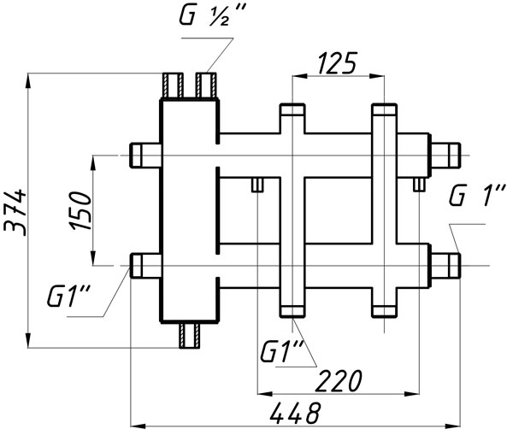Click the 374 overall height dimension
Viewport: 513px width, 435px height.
tap(15, 212)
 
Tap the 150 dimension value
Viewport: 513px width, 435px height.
tap(80, 211)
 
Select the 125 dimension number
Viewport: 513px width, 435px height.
tap(337, 62)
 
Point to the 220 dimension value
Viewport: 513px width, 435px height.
tap(339, 380)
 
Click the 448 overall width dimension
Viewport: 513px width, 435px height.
tap(296, 413)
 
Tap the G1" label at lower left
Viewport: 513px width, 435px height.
tap(68, 296)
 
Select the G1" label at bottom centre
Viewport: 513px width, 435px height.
tap(282, 351)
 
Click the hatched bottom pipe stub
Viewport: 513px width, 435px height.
tap(190, 336)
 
